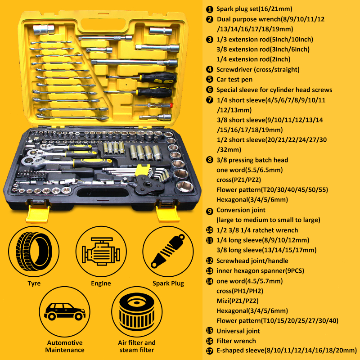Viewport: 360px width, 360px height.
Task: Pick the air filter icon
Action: pos(137,311)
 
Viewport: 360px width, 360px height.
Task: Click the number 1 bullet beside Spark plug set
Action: pos(210,9)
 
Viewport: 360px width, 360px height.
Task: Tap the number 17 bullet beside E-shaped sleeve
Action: pos(210,351)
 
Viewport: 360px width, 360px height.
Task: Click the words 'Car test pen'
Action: pos(234,79)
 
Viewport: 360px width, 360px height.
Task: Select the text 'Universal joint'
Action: pos(238,331)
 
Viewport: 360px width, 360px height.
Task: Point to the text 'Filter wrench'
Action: pos(236,341)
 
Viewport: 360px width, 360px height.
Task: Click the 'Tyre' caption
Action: pos(34,283)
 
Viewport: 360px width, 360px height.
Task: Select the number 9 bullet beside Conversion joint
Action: pos(210,210)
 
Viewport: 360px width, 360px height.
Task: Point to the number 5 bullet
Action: pos(210,79)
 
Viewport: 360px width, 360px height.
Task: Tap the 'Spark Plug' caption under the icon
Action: pos(167,283)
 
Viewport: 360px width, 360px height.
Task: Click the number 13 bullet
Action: pos(210,271)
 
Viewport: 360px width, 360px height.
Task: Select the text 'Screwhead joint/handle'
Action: pos(252,261)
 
